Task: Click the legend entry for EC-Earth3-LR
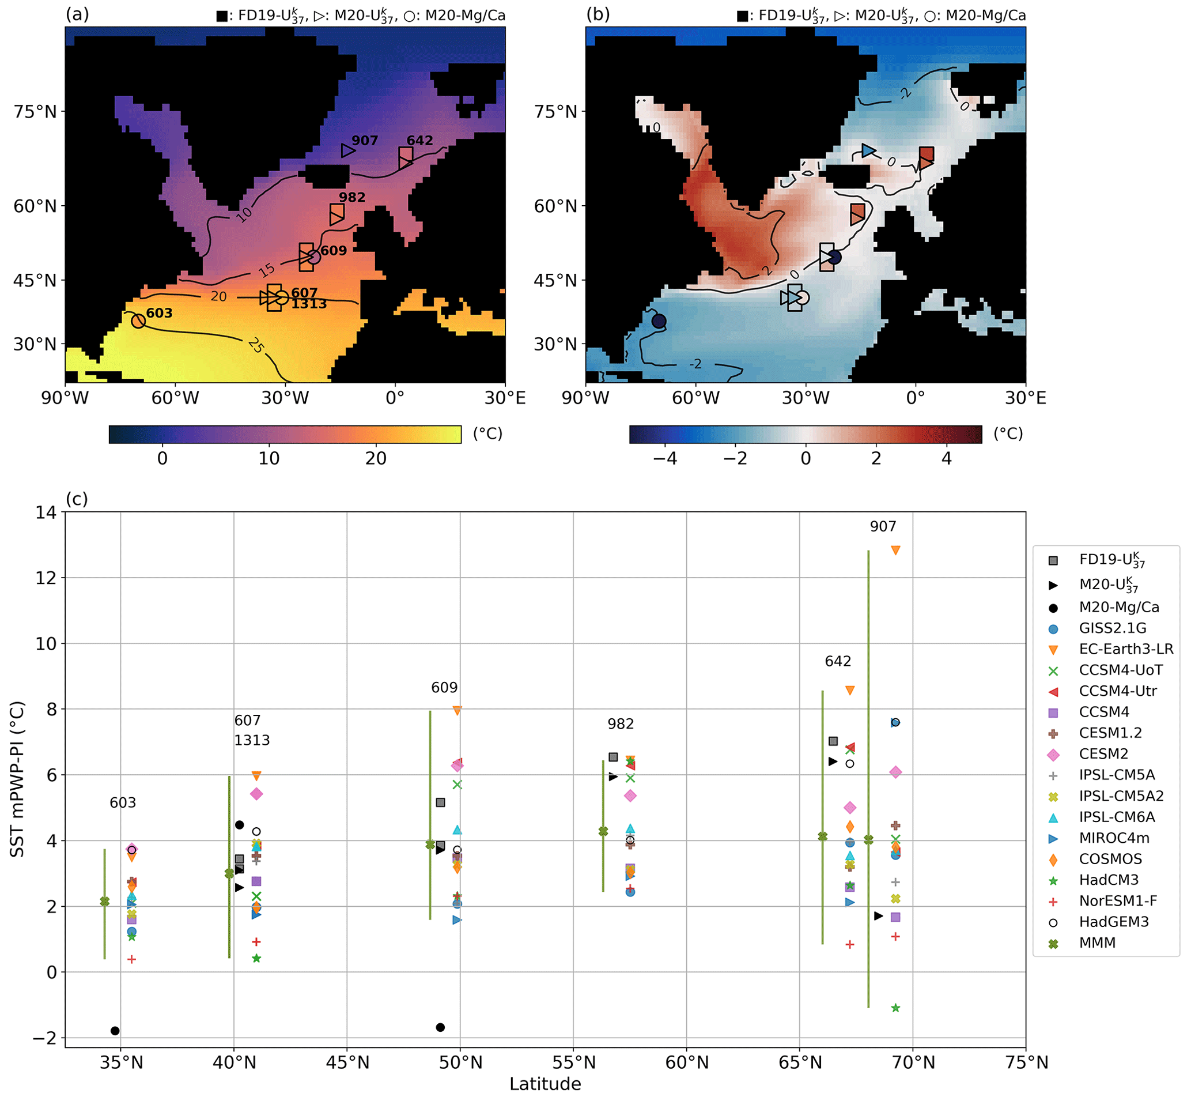click(x=1126, y=649)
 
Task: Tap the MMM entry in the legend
click(x=1097, y=943)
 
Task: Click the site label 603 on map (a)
click(x=159, y=313)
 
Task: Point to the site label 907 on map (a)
click(x=364, y=141)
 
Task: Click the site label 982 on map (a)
click(x=352, y=197)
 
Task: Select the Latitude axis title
click(x=545, y=1084)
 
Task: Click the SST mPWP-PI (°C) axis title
click(x=18, y=779)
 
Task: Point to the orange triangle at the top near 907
click(x=895, y=551)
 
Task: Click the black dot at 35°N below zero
click(x=115, y=1031)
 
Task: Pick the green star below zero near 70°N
click(x=895, y=1008)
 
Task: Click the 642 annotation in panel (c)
click(x=838, y=661)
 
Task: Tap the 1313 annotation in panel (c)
click(x=252, y=740)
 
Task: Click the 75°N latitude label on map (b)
click(x=555, y=112)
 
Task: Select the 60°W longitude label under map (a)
click(x=175, y=398)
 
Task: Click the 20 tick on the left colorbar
click(x=376, y=458)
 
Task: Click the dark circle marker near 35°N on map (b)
click(x=659, y=321)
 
